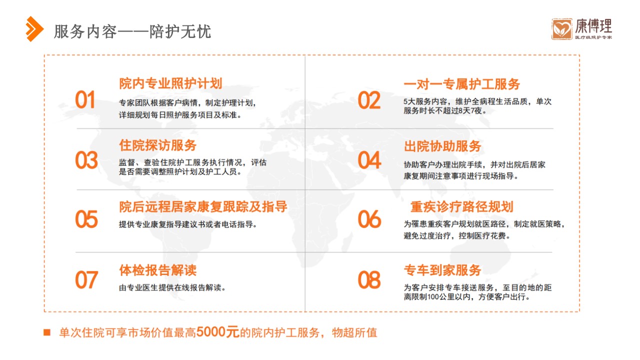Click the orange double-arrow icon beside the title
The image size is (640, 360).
[x=34, y=29]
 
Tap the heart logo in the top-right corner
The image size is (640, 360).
[x=561, y=29]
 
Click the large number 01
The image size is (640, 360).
[x=85, y=100]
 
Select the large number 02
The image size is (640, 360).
[x=369, y=100]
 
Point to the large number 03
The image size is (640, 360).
[x=86, y=160]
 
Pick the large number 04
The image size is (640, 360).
[x=369, y=160]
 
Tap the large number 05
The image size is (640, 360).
[x=86, y=219]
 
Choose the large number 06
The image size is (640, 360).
[x=369, y=219]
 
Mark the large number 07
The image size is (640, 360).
[x=86, y=279]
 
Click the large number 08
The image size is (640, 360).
[x=369, y=279]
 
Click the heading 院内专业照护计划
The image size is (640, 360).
[x=170, y=83]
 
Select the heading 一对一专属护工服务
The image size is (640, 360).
[x=461, y=84]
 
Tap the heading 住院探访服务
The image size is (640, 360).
[x=157, y=145]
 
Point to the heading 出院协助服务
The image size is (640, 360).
[x=442, y=146]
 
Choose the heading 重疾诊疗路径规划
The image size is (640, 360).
[x=461, y=206]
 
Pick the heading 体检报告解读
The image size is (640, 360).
[x=157, y=270]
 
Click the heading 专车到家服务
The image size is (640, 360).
[x=442, y=270]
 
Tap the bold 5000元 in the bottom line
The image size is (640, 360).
[x=217, y=332]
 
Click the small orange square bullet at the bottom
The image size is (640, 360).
[x=47, y=332]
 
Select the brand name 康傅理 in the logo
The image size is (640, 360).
[x=593, y=26]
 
